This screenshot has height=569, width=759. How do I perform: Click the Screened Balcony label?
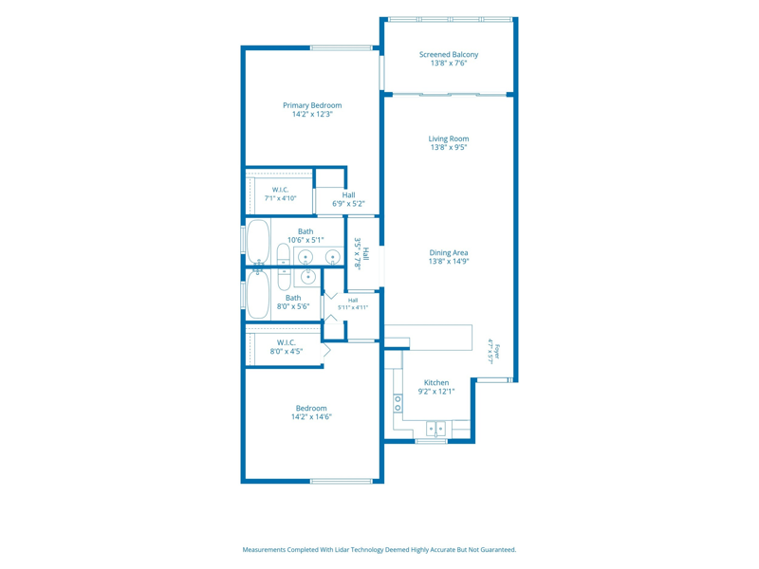click(449, 55)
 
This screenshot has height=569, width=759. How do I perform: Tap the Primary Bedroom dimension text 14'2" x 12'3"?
click(312, 114)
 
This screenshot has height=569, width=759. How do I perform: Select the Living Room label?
click(449, 138)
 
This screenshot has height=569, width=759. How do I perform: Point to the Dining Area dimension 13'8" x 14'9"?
click(449, 262)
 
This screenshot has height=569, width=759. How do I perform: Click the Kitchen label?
click(436, 383)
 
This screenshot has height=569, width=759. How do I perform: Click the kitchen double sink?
click(435, 429)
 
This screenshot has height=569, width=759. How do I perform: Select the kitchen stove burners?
click(398, 403)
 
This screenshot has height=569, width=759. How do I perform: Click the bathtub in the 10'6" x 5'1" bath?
click(258, 242)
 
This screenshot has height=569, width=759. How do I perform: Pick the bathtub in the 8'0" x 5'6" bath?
click(258, 295)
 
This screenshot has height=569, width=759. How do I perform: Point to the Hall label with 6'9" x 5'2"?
click(348, 199)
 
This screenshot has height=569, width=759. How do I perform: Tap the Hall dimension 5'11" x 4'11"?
click(353, 307)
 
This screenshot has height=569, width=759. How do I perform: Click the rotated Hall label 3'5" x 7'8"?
click(362, 253)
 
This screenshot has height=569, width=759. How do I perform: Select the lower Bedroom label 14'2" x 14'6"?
click(311, 413)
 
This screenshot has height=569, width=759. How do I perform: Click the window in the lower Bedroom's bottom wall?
click(342, 481)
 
